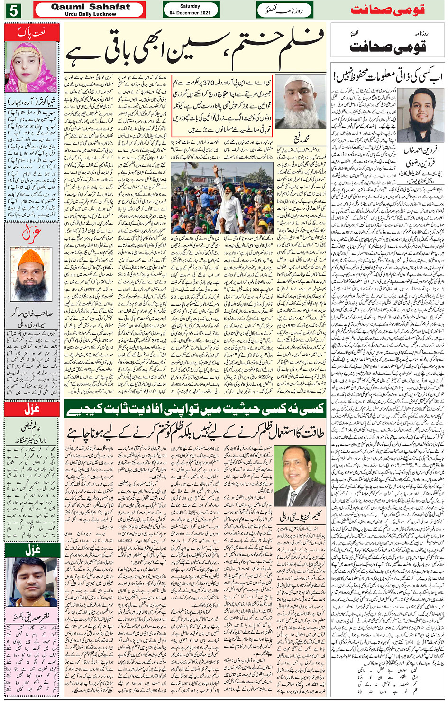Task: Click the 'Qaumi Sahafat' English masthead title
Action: pyautogui.click(x=90, y=7)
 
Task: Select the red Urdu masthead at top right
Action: pyautogui.click(x=387, y=10)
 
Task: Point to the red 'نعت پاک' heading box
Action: pyautogui.click(x=32, y=33)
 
